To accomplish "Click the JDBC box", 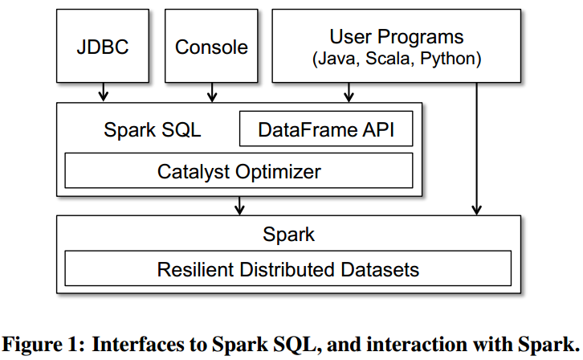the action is point(103,46).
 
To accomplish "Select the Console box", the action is point(211,46).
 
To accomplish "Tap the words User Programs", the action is point(397,37).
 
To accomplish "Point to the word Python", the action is point(447,59).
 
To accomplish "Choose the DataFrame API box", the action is point(326,129).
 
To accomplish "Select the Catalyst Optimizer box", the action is point(238,170).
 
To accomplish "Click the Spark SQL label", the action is point(152,130).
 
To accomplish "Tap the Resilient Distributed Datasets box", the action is point(287,268).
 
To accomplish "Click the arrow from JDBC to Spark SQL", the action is point(104,92).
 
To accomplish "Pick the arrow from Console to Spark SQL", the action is point(212,92).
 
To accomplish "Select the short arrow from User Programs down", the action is point(349,92).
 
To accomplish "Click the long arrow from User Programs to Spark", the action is point(477,149).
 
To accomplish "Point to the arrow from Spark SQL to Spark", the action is point(240,205).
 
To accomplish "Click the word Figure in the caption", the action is point(32,345).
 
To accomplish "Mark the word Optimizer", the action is point(278,172).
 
